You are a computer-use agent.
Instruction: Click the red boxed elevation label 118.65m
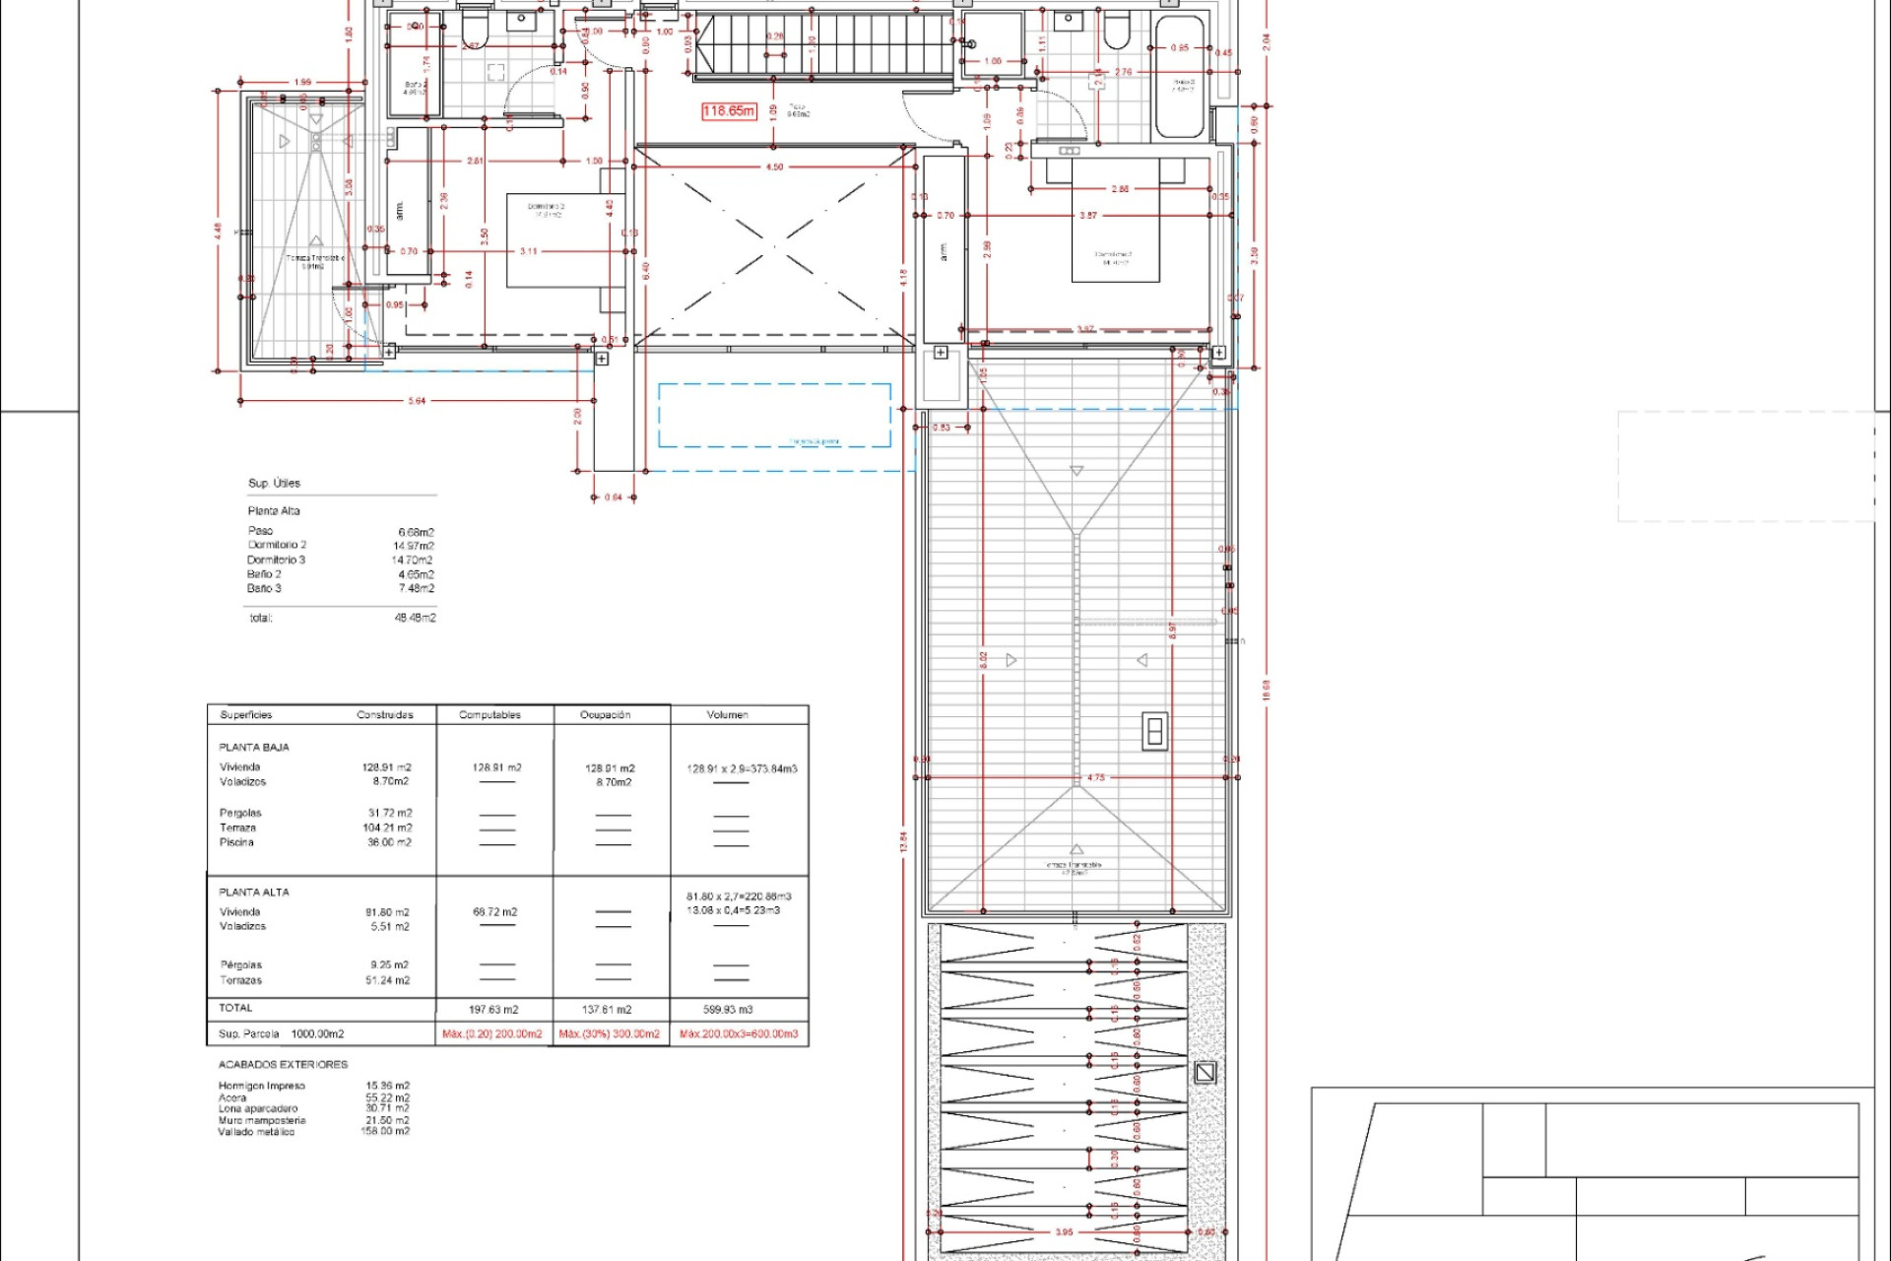point(729,111)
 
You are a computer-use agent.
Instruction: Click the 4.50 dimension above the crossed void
point(774,167)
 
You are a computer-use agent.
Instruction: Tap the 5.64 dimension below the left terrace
point(417,401)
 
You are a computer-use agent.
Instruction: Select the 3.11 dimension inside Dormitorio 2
point(529,251)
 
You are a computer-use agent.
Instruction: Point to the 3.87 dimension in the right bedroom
point(1087,215)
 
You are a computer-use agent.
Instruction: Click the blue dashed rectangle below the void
point(774,415)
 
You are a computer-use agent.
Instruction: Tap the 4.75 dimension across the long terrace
point(1096,777)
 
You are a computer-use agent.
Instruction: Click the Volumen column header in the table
point(727,715)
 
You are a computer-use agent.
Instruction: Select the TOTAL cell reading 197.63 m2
point(493,1010)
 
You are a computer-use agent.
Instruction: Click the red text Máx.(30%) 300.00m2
point(610,1034)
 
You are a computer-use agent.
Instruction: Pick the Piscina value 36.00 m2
point(389,842)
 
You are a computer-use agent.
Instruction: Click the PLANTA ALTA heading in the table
point(254,892)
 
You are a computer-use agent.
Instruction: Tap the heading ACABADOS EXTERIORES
point(283,1065)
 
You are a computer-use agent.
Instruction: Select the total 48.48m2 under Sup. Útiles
point(415,618)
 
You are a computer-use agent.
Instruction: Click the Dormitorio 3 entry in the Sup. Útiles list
point(277,560)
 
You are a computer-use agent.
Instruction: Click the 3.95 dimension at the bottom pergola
point(1064,1232)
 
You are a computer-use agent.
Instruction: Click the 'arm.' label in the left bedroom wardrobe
point(399,211)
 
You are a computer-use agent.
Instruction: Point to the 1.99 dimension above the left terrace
point(302,83)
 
